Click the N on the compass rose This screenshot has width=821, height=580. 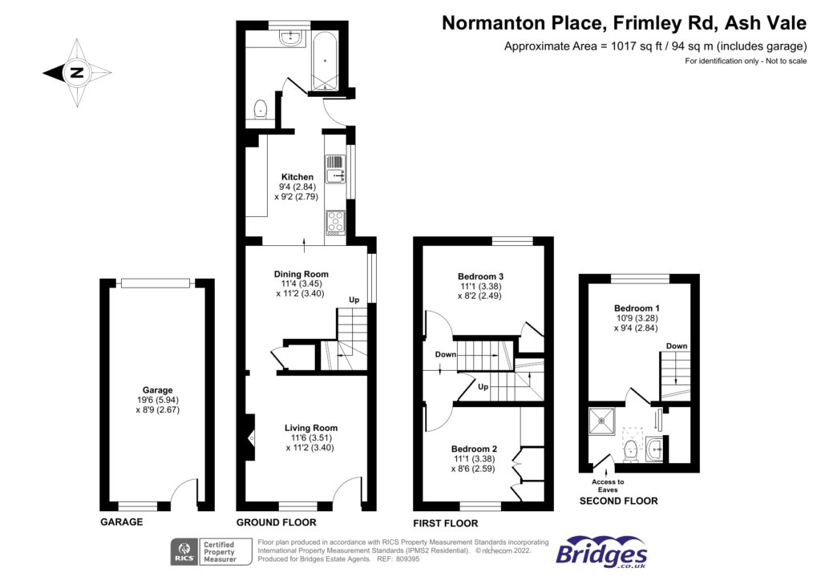pos(77,72)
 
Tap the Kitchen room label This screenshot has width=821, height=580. pos(297,177)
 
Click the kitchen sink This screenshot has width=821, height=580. pos(335,170)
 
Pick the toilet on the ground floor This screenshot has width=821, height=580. pos(261,109)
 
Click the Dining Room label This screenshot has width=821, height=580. pos(301,274)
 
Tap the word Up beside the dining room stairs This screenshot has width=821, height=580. pos(354,300)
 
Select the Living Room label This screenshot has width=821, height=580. pos(311,428)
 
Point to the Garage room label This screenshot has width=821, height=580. pos(157,390)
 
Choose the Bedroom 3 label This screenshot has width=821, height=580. pos(481,276)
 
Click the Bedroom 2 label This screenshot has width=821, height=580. pos(474,449)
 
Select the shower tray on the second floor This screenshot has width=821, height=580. pos(602,421)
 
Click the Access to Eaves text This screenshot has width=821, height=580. pos(608,485)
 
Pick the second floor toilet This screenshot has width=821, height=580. pos(632,450)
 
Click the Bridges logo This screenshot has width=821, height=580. pos(601,552)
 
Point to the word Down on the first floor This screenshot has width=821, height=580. pos(446,355)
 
